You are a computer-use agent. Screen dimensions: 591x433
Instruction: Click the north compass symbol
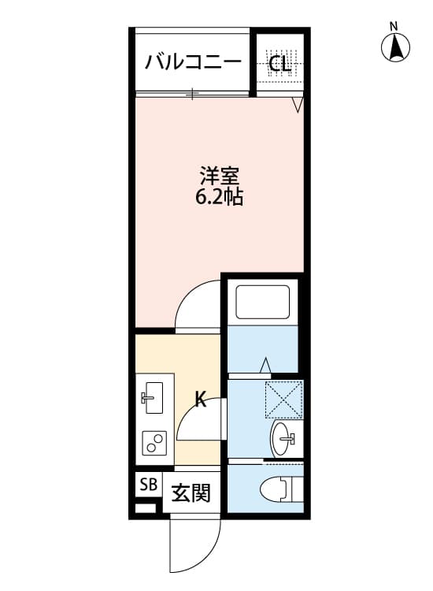click(x=397, y=49)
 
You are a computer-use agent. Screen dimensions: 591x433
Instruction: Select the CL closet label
click(x=279, y=64)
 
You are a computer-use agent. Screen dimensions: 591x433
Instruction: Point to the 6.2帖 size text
click(x=219, y=197)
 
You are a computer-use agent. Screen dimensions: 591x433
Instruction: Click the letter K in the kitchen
click(x=201, y=400)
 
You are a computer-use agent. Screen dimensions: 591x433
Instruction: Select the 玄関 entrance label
click(x=191, y=493)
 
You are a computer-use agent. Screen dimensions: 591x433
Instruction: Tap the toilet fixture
click(x=276, y=489)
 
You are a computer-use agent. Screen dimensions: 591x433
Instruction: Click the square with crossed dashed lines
click(x=283, y=399)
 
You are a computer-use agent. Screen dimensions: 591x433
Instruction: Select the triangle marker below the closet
click(x=298, y=105)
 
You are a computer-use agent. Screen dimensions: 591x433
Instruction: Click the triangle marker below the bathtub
click(x=265, y=365)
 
